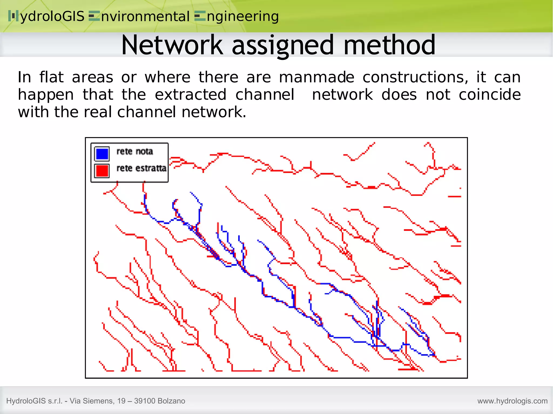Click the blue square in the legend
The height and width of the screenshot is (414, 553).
(102, 153)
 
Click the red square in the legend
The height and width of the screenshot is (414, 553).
(102, 171)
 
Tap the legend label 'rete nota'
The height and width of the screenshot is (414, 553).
(134, 152)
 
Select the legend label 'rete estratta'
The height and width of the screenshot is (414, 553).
(141, 168)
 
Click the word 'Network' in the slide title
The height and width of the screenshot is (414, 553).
(172, 45)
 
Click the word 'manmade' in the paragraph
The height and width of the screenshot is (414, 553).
(316, 77)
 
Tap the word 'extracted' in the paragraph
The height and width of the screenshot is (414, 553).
(190, 95)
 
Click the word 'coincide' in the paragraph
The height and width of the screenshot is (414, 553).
(490, 95)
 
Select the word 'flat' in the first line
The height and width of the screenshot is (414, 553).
(51, 77)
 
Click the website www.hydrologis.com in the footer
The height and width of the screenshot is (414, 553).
(512, 401)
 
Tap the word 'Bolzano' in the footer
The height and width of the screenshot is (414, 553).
(171, 401)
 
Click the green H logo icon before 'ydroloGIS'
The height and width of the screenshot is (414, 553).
(13, 16)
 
